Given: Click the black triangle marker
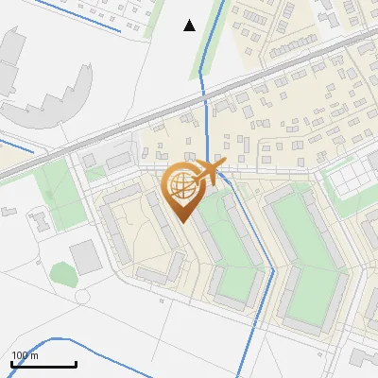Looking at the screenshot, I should [189, 26].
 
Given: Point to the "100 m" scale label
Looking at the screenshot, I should [26, 355].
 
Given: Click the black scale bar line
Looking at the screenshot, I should [43, 364].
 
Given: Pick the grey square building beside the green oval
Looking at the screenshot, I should [85, 255].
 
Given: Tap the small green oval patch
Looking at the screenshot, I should [62, 274].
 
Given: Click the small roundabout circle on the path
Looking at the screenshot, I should [82, 297].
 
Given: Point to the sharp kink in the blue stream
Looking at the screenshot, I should [273, 270].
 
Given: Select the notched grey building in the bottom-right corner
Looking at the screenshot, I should [362, 357].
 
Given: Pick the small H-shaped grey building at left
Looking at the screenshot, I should [40, 223].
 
